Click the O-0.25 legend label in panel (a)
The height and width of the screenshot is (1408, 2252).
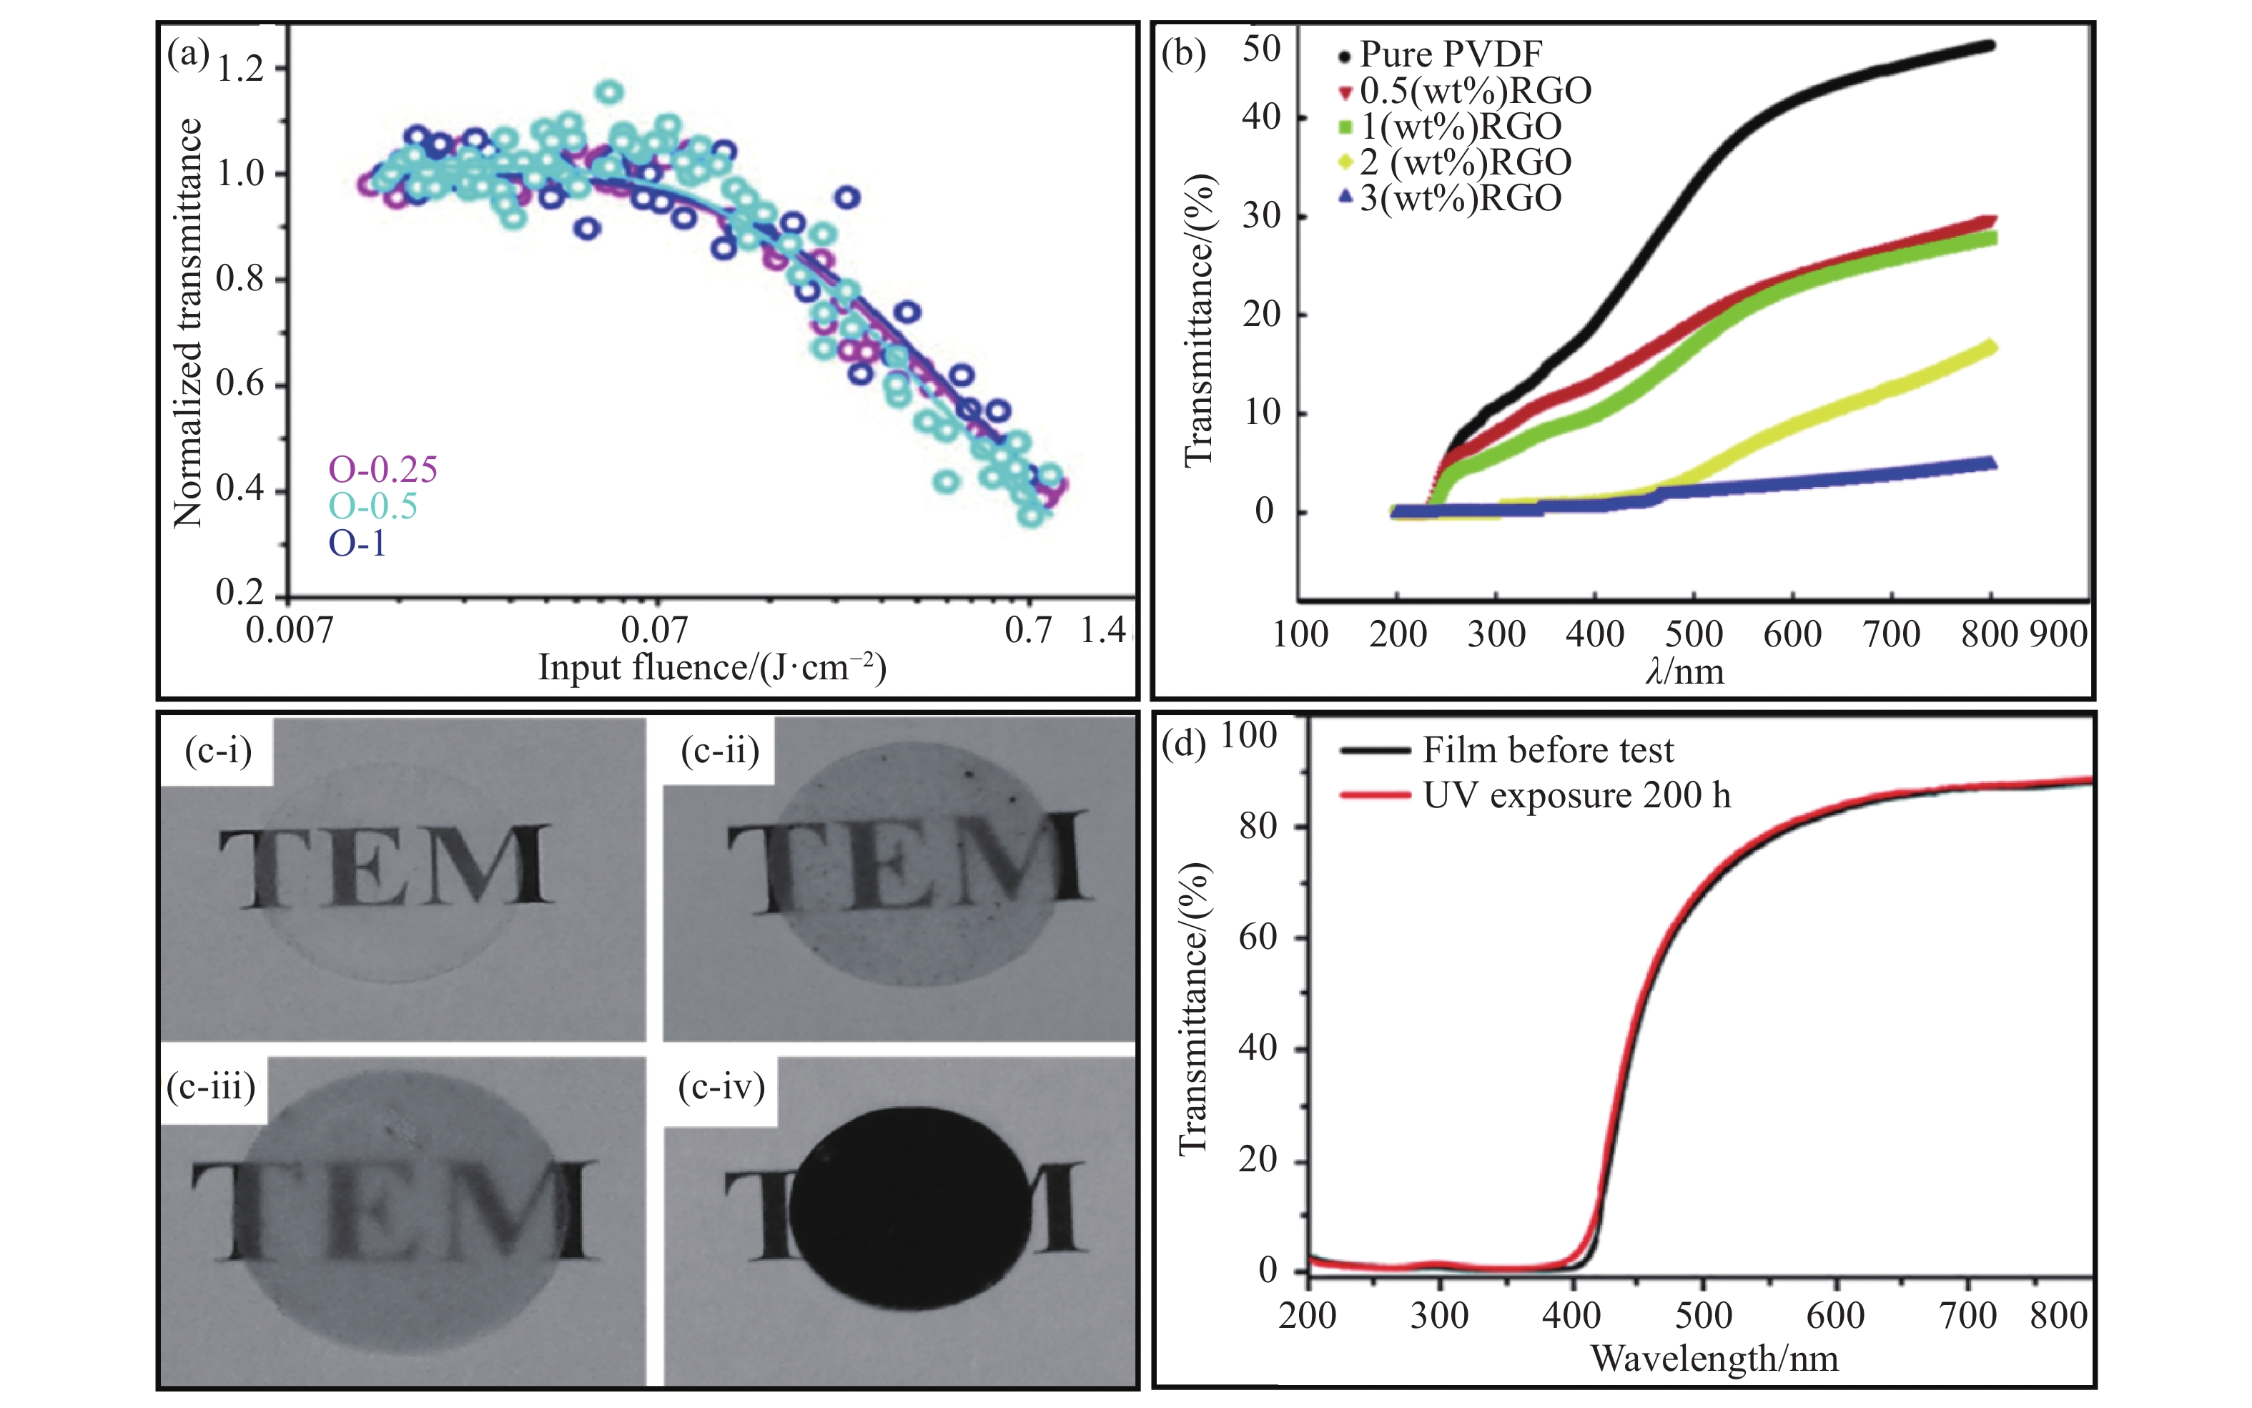382,469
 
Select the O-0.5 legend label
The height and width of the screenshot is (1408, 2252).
372,506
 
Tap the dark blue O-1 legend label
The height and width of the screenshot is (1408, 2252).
357,543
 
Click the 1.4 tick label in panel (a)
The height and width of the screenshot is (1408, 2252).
1103,631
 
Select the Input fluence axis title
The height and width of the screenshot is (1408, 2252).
712,669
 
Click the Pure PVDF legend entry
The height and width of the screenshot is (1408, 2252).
1451,54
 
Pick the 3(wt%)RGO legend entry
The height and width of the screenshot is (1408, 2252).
1460,198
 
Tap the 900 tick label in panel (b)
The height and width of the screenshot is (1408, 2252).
2058,634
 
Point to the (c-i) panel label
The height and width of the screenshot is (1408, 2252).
218,749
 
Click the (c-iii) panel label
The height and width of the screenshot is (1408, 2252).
212,1085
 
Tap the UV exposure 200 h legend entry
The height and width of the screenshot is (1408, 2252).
1576,796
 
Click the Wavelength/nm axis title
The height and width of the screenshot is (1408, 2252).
1715,1359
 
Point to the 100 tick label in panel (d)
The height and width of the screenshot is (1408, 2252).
1248,736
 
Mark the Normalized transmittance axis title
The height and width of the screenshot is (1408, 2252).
188,323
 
